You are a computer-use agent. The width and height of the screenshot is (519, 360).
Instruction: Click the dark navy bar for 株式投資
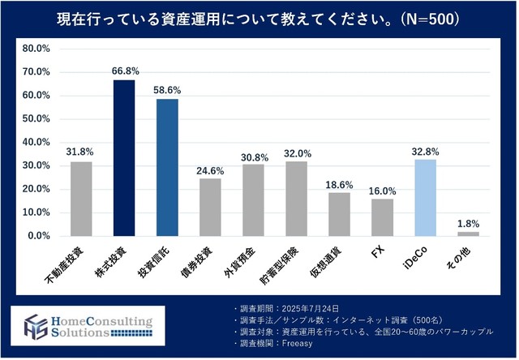click(124, 158)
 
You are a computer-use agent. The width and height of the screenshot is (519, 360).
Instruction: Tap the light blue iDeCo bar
click(425, 198)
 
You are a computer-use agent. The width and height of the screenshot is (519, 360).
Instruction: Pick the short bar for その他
click(468, 234)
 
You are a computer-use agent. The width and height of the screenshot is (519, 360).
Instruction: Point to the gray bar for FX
click(382, 217)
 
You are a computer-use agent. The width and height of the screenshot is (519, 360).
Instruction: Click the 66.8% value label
click(124, 71)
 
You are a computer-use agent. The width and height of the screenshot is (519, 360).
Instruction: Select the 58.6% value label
click(167, 91)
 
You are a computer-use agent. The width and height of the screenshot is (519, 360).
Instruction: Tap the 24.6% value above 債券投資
click(210, 170)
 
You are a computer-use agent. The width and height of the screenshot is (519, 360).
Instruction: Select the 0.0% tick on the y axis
click(37, 236)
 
